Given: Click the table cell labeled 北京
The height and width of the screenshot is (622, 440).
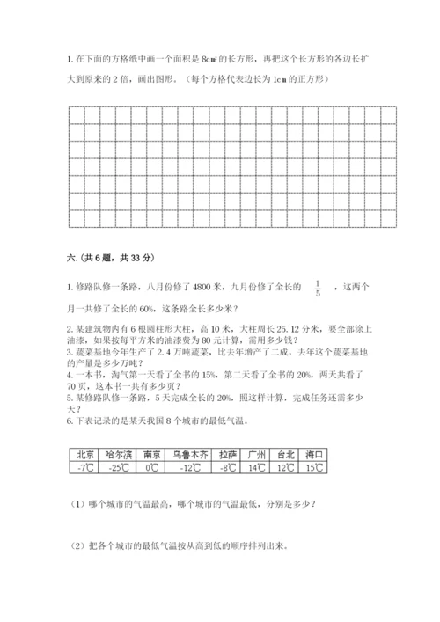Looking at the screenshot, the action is pos(85,454).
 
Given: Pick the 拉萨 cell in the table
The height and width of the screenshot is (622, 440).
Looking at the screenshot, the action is pos(228,454).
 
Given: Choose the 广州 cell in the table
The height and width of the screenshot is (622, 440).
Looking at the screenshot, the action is pos(258,454).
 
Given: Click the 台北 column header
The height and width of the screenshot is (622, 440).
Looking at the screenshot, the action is pos(287,454).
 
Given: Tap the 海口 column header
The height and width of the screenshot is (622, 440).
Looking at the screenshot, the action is pos(315,454).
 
